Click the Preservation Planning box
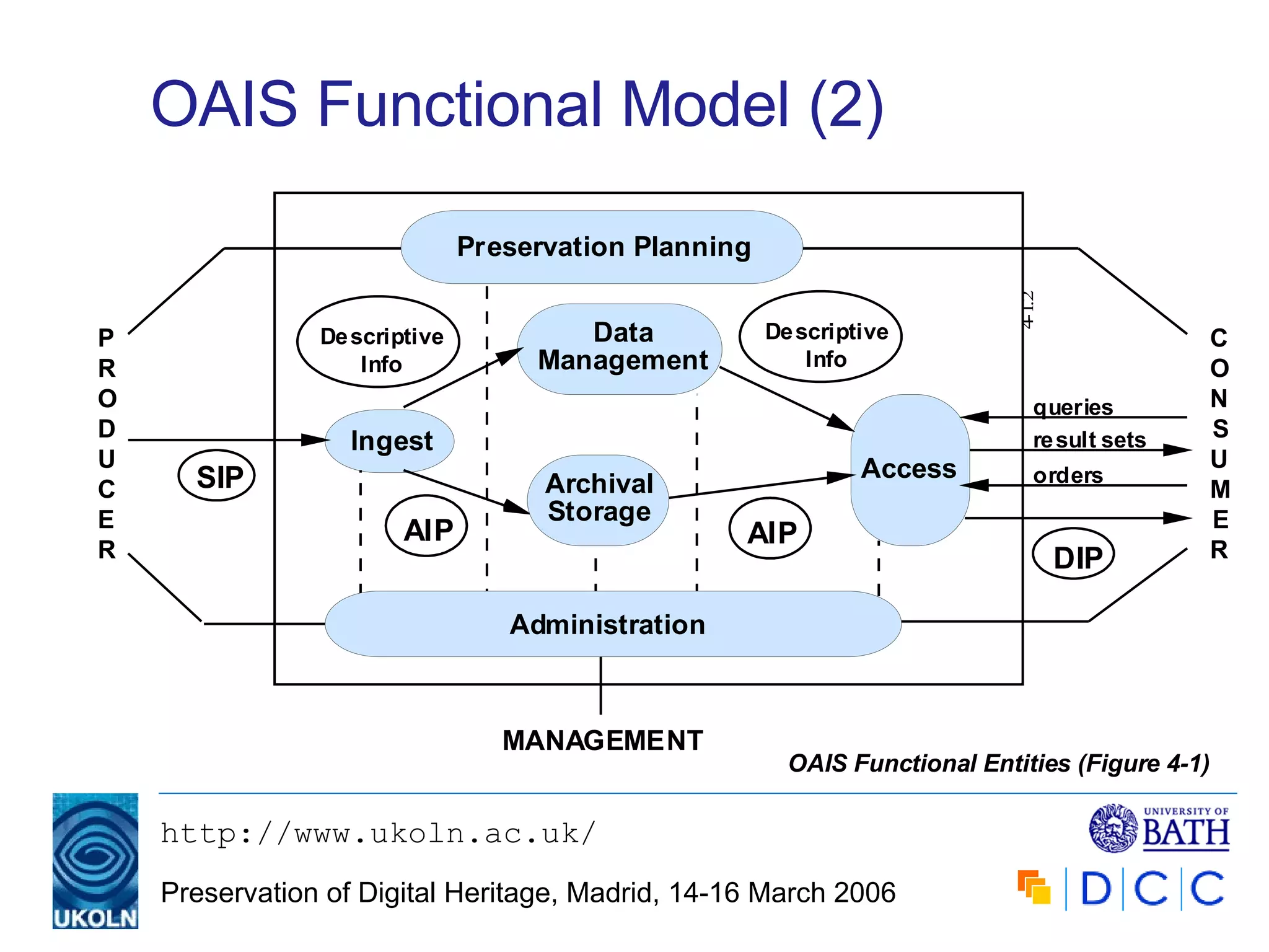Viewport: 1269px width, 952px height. click(602, 247)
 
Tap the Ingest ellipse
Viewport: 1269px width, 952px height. click(390, 441)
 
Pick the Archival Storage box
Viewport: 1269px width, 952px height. click(598, 500)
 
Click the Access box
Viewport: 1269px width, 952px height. click(909, 469)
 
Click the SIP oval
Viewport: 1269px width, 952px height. click(217, 476)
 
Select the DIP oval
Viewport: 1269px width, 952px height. click(1073, 555)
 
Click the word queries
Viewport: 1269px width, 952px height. click(1073, 407)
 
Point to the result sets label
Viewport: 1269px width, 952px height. click(1089, 439)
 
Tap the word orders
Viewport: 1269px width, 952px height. click(1068, 475)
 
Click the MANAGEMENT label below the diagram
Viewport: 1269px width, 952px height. click(602, 740)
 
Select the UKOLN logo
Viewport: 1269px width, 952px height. click(95, 860)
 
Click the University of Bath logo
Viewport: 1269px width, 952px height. click(1159, 828)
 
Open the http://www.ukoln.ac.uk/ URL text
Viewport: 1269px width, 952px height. click(378, 834)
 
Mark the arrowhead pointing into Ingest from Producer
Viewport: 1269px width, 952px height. click(315, 440)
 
